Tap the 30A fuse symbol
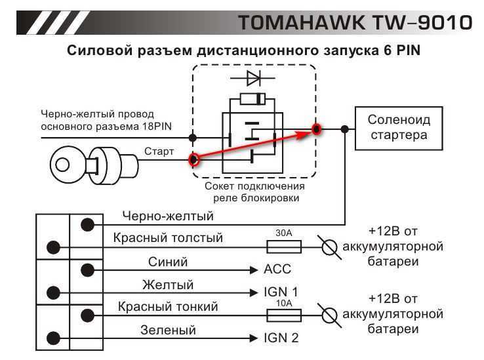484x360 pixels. tap(283, 247)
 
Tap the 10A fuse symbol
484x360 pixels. tap(283, 315)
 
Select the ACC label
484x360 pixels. tap(278, 270)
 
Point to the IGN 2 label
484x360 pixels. tap(281, 338)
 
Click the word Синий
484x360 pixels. tap(169, 262)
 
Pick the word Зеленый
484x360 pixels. tap(168, 330)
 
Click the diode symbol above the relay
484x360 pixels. tap(252, 79)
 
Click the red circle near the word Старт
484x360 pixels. tap(193, 159)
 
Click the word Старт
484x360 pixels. tap(159, 151)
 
